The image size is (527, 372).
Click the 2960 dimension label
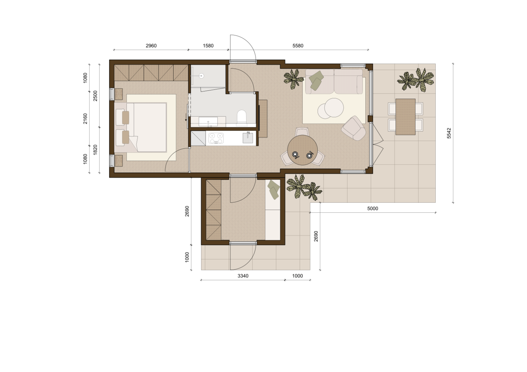tap(151, 46)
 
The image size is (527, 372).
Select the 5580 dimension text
tap(298, 46)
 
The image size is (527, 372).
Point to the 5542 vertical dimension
tap(449, 133)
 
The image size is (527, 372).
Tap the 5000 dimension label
tap(373, 209)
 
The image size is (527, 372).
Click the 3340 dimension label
tap(243, 276)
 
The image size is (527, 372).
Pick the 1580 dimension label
tap(208, 46)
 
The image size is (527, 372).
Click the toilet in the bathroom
tap(242, 116)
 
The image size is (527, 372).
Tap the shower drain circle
tap(201, 76)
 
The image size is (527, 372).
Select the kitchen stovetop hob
tap(216, 138)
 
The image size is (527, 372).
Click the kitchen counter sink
tap(248, 138)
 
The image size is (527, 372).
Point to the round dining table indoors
tap(303, 150)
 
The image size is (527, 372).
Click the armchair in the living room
tap(354, 128)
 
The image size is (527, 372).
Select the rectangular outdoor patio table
tap(405, 117)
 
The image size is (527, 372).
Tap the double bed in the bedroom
tap(141, 127)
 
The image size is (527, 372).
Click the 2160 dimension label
tap(85, 119)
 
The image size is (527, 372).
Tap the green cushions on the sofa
tap(316, 80)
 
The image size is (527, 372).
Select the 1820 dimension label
tap(95, 150)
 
